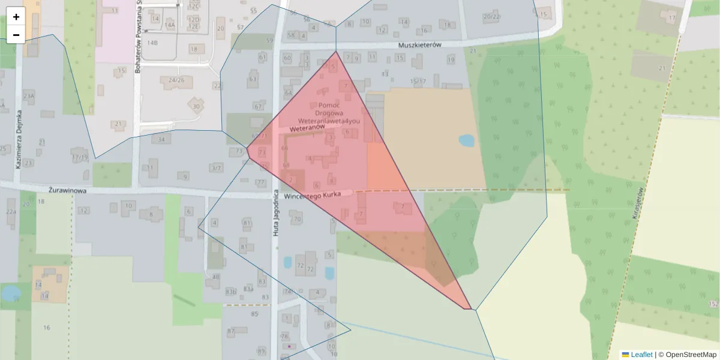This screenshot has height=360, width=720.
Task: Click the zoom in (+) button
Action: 16,17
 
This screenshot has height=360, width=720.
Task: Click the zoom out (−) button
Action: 16,35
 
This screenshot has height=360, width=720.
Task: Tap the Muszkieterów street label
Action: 420,45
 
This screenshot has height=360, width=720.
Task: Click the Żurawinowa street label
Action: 68,190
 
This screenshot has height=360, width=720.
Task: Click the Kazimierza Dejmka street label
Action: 19,139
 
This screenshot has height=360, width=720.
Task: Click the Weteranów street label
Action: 307,128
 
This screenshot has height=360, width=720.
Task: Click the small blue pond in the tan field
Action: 466,141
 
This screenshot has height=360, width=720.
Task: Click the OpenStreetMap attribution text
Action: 691,355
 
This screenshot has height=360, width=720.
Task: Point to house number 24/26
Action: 176,80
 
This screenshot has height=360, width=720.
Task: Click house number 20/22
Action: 491,16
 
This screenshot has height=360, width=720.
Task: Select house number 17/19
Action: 80,158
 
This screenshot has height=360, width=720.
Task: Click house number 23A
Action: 29,95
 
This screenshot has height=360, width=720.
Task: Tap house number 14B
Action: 152,43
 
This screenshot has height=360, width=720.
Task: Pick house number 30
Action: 196,107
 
